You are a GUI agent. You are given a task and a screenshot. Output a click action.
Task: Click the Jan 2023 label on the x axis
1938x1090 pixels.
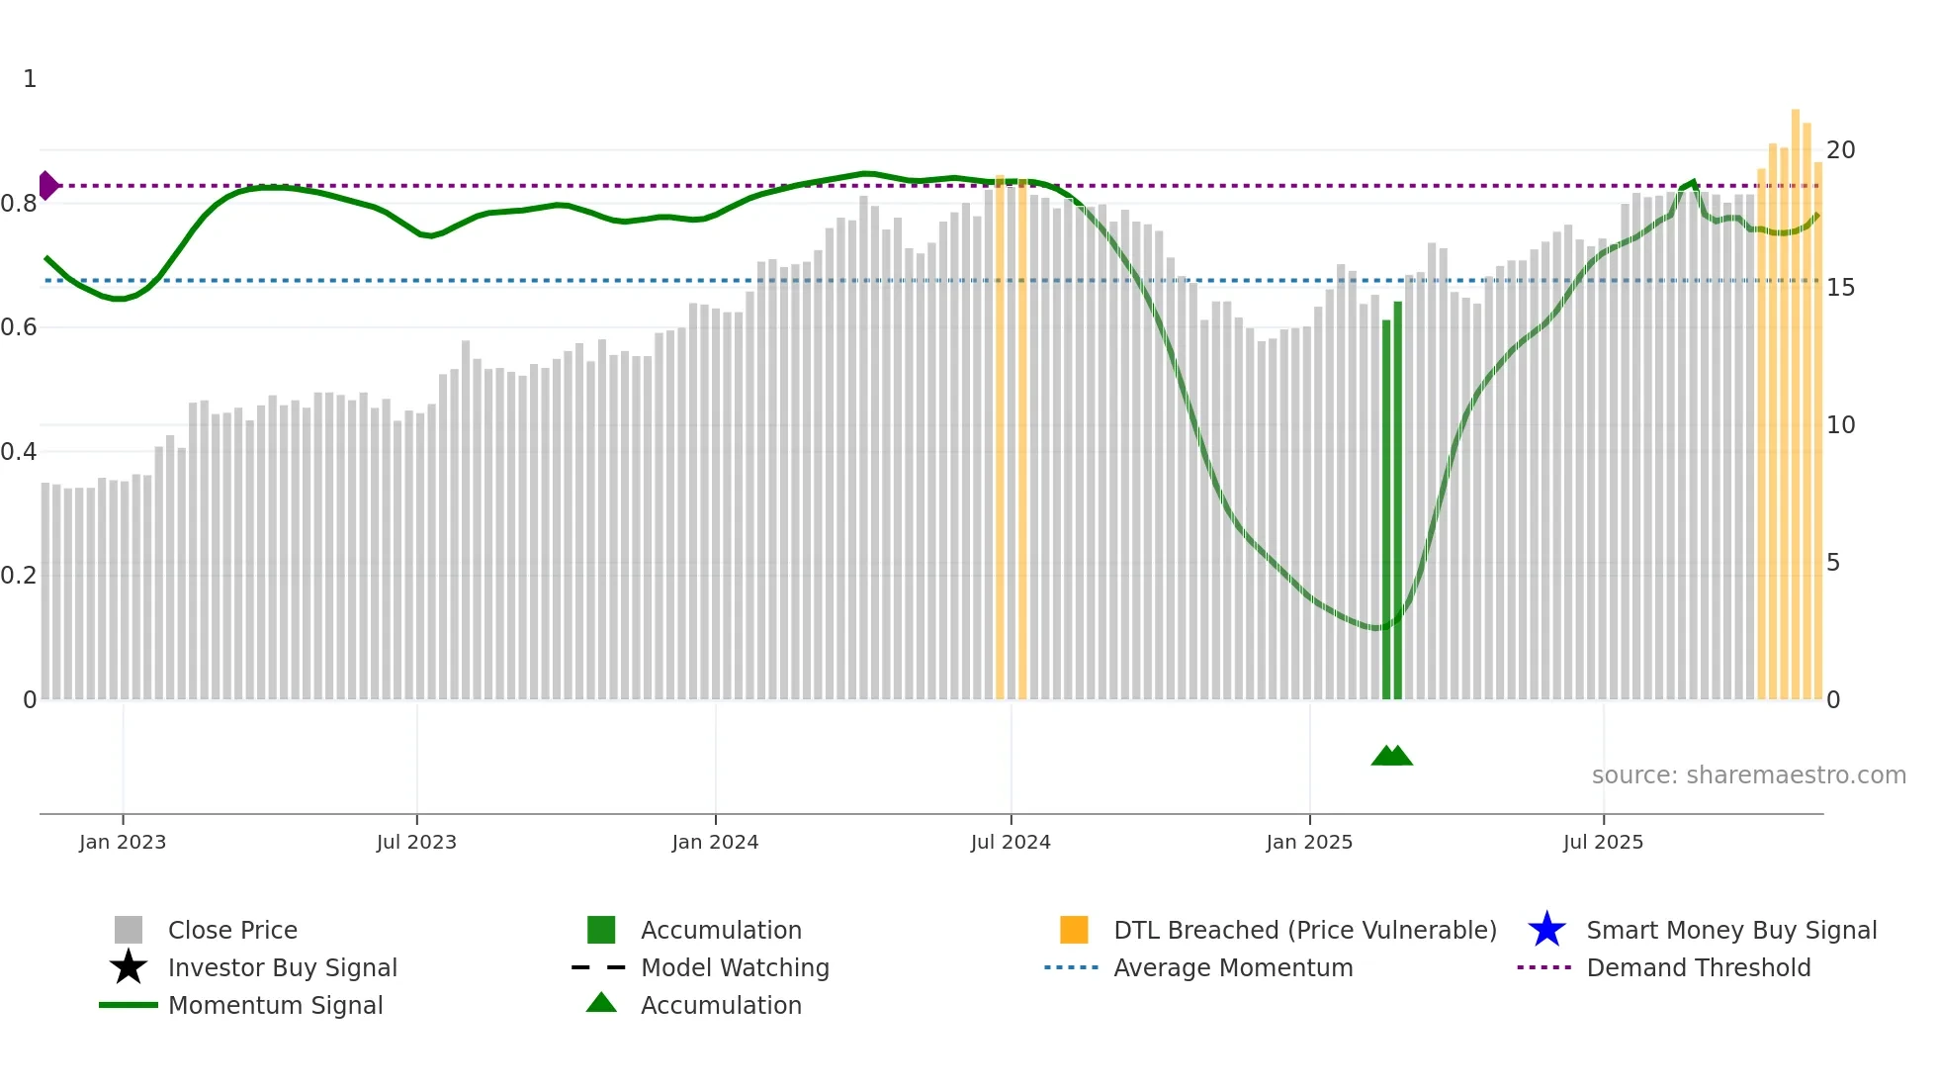pos(123,842)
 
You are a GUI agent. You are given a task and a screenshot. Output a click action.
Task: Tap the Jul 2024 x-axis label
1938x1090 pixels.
pos(1011,842)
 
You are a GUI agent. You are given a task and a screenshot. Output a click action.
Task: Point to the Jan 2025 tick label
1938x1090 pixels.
pos(1309,842)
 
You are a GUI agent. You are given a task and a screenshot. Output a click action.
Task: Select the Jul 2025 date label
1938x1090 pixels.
pos(1603,842)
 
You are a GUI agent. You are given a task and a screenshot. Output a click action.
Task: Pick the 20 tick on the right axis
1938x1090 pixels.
pos(1840,150)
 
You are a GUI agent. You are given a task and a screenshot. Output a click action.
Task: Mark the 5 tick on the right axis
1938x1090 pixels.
pos(1833,563)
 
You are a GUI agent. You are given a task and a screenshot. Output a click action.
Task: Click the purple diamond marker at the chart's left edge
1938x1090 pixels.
pos(47,185)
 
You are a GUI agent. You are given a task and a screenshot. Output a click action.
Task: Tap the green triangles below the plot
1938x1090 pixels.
pos(1391,756)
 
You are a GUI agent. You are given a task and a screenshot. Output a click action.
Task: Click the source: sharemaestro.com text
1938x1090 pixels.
pos(1748,775)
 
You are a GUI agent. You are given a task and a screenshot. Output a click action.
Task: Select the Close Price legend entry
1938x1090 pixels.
pos(232,931)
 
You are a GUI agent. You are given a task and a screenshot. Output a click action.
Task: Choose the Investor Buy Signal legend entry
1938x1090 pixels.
pos(282,968)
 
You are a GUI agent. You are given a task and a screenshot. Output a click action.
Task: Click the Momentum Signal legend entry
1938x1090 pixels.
pos(275,1006)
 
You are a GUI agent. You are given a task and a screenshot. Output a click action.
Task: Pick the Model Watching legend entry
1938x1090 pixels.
pos(735,968)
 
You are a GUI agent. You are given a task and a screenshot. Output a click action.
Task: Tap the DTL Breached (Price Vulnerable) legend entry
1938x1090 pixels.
pos(1304,931)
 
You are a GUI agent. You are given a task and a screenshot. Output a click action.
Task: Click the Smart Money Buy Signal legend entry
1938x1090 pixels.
pos(1731,931)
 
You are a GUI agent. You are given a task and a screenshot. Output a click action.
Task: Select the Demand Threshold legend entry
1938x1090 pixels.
pos(1698,968)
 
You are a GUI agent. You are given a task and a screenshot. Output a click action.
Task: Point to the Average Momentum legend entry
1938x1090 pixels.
pos(1233,968)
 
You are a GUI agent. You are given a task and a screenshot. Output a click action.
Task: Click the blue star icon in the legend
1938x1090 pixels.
pos(1546,930)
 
